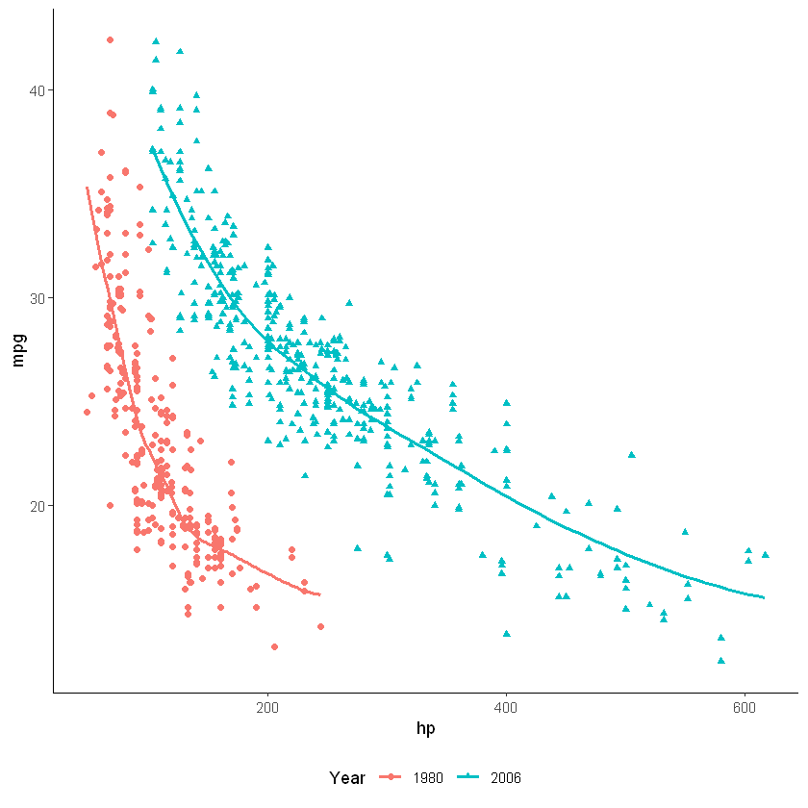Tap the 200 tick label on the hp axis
tap(267, 709)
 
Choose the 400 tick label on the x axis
tap(506, 709)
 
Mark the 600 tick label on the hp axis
tap(745, 709)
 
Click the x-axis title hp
tap(425, 729)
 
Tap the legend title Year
tap(346, 777)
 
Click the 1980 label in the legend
tap(427, 777)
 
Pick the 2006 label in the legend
tap(505, 777)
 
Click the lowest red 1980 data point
tap(274, 646)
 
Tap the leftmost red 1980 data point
tap(87, 412)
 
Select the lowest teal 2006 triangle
tap(720, 660)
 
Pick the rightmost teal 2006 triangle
tap(766, 554)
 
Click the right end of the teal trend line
tap(765, 597)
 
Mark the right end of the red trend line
tap(319, 595)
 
